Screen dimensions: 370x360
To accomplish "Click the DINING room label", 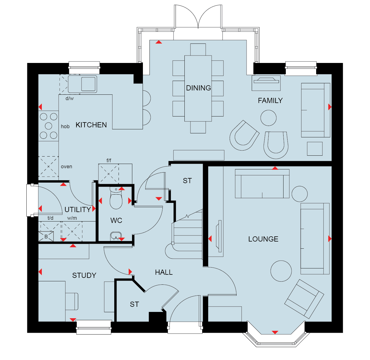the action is [x=198, y=88].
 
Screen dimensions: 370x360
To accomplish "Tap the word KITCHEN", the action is [x=91, y=125].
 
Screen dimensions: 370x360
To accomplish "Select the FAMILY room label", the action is [x=270, y=101].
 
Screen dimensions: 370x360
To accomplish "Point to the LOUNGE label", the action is [x=263, y=239].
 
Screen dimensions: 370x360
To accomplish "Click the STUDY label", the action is [x=84, y=276].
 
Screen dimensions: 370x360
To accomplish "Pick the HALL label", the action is [x=164, y=272].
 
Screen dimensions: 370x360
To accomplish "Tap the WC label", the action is [x=116, y=220].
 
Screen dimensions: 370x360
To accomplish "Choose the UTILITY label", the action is [x=78, y=209].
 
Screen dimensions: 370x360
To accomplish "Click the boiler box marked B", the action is [x=46, y=236].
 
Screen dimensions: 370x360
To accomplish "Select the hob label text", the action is [x=65, y=126].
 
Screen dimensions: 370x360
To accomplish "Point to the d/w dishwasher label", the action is [x=70, y=98].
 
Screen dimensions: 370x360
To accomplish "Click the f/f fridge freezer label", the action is [x=109, y=161].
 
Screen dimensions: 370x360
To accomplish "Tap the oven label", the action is [x=66, y=167].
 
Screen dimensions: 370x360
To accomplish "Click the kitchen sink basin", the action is [x=88, y=84].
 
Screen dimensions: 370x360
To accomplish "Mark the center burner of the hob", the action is [x=48, y=126].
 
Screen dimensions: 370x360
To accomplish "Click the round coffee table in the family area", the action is [x=268, y=118].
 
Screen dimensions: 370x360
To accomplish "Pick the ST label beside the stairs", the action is [x=187, y=181].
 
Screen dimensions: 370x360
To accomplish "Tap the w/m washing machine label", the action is [x=72, y=218].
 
